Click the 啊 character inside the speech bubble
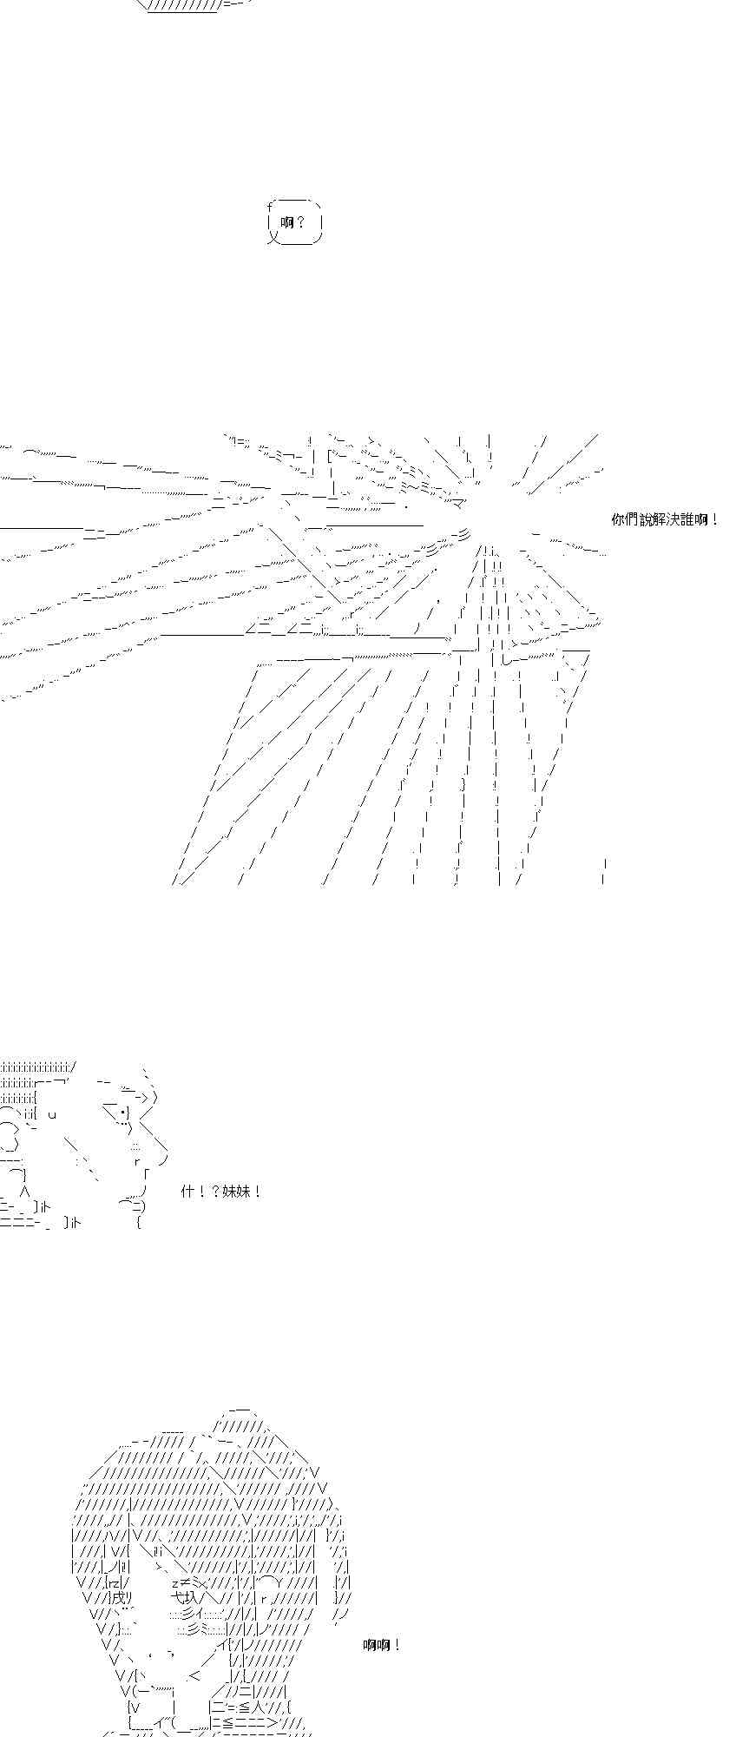coord(287,222)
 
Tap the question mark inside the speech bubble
coord(300,222)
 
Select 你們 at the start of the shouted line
coord(625,519)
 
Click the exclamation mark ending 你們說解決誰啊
coord(714,519)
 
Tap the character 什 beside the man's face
coord(187,1192)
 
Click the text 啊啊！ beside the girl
coord(382,1645)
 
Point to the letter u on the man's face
coord(53,1114)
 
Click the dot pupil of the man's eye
coord(123,1113)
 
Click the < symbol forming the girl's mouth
coord(194,1676)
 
